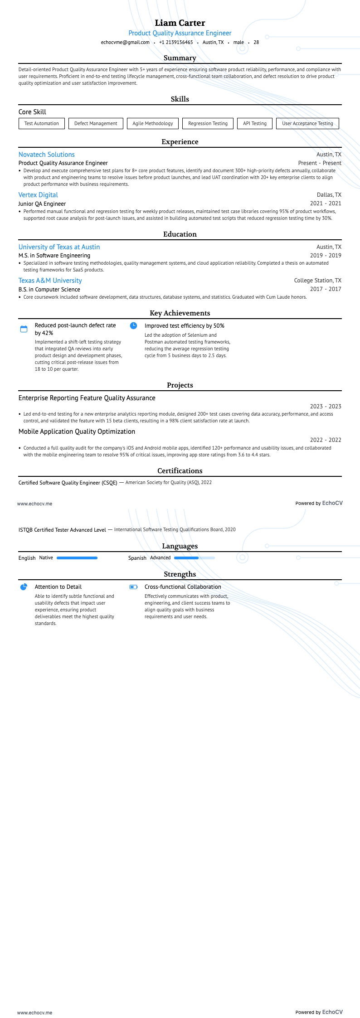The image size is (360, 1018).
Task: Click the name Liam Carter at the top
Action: coord(180,23)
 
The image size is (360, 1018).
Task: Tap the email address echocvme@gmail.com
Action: coord(125,42)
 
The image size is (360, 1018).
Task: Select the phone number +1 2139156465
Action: coord(176,42)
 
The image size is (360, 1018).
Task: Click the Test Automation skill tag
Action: coord(42,123)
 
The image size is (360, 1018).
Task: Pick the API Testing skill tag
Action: coord(255,123)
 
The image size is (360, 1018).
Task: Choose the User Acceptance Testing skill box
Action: coord(307,123)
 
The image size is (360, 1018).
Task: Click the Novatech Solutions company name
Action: coord(47,155)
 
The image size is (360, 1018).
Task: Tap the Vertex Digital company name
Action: coord(38,195)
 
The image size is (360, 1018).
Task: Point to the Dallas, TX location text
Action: coord(329,195)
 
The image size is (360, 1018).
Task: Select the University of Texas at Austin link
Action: coord(59,247)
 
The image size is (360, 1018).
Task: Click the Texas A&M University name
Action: coord(50,281)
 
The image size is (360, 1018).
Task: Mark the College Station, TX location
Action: coord(318,281)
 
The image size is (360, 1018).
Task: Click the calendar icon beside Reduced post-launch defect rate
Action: coord(24,329)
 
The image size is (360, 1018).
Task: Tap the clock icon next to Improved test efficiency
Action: coord(133,325)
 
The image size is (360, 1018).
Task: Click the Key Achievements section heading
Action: coord(180,313)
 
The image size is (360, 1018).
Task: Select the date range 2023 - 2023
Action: coord(326,407)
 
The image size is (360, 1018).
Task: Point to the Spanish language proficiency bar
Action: coord(195,558)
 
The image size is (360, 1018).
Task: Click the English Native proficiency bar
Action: coord(77,558)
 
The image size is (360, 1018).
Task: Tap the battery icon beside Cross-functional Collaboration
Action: coord(133,587)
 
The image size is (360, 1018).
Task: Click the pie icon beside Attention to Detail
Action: coord(24,587)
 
